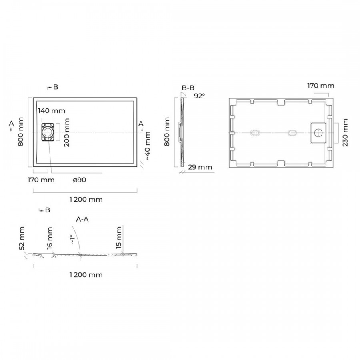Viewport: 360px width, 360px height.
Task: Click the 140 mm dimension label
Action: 52,111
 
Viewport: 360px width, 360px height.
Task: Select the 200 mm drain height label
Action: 66,133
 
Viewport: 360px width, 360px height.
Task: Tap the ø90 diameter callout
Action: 80,180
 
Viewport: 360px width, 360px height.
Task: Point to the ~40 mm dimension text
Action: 147,146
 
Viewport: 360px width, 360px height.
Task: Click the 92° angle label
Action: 200,96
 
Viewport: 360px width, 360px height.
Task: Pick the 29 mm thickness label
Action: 200,167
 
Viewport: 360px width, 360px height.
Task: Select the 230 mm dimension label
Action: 345,132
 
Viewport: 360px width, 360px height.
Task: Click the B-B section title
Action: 188,88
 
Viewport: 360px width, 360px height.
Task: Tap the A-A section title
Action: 82,220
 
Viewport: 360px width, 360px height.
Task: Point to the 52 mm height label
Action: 22,238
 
